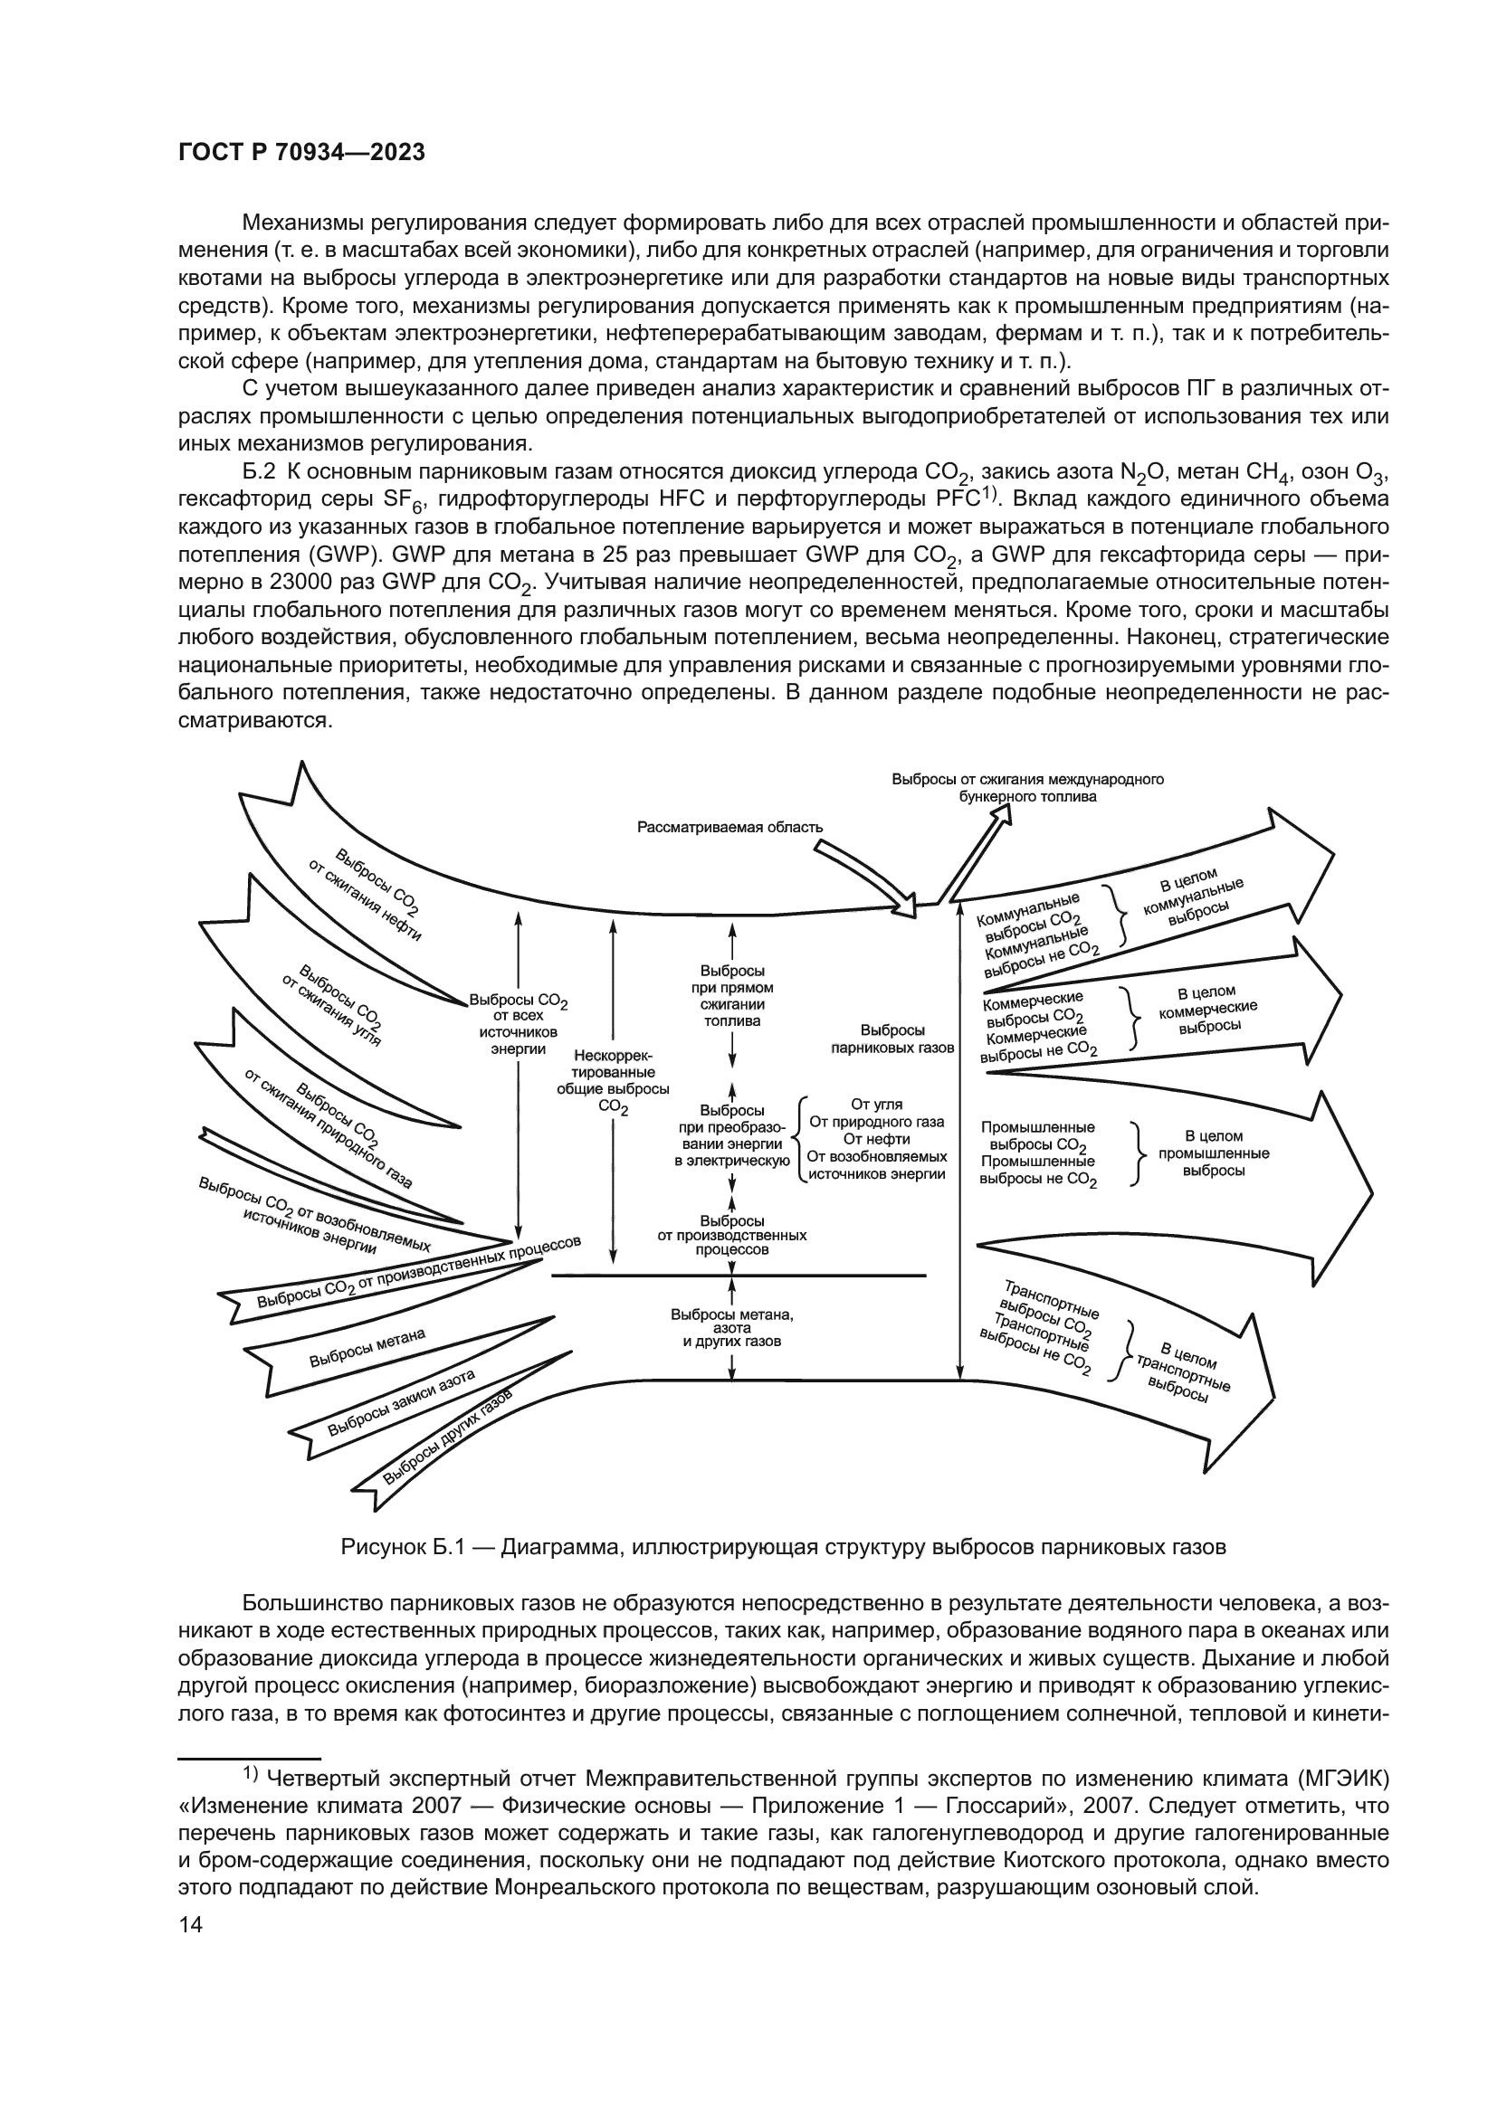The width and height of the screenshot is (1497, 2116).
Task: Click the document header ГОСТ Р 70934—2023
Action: [301, 153]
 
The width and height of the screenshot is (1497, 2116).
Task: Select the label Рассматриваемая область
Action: [729, 827]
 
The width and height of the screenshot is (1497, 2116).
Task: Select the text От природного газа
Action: [876, 1122]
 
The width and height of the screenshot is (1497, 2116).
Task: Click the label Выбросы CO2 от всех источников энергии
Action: [518, 1024]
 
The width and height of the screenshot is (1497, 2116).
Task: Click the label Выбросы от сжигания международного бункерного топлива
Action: [1028, 788]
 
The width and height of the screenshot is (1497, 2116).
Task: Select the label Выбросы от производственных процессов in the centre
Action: [732, 1235]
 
